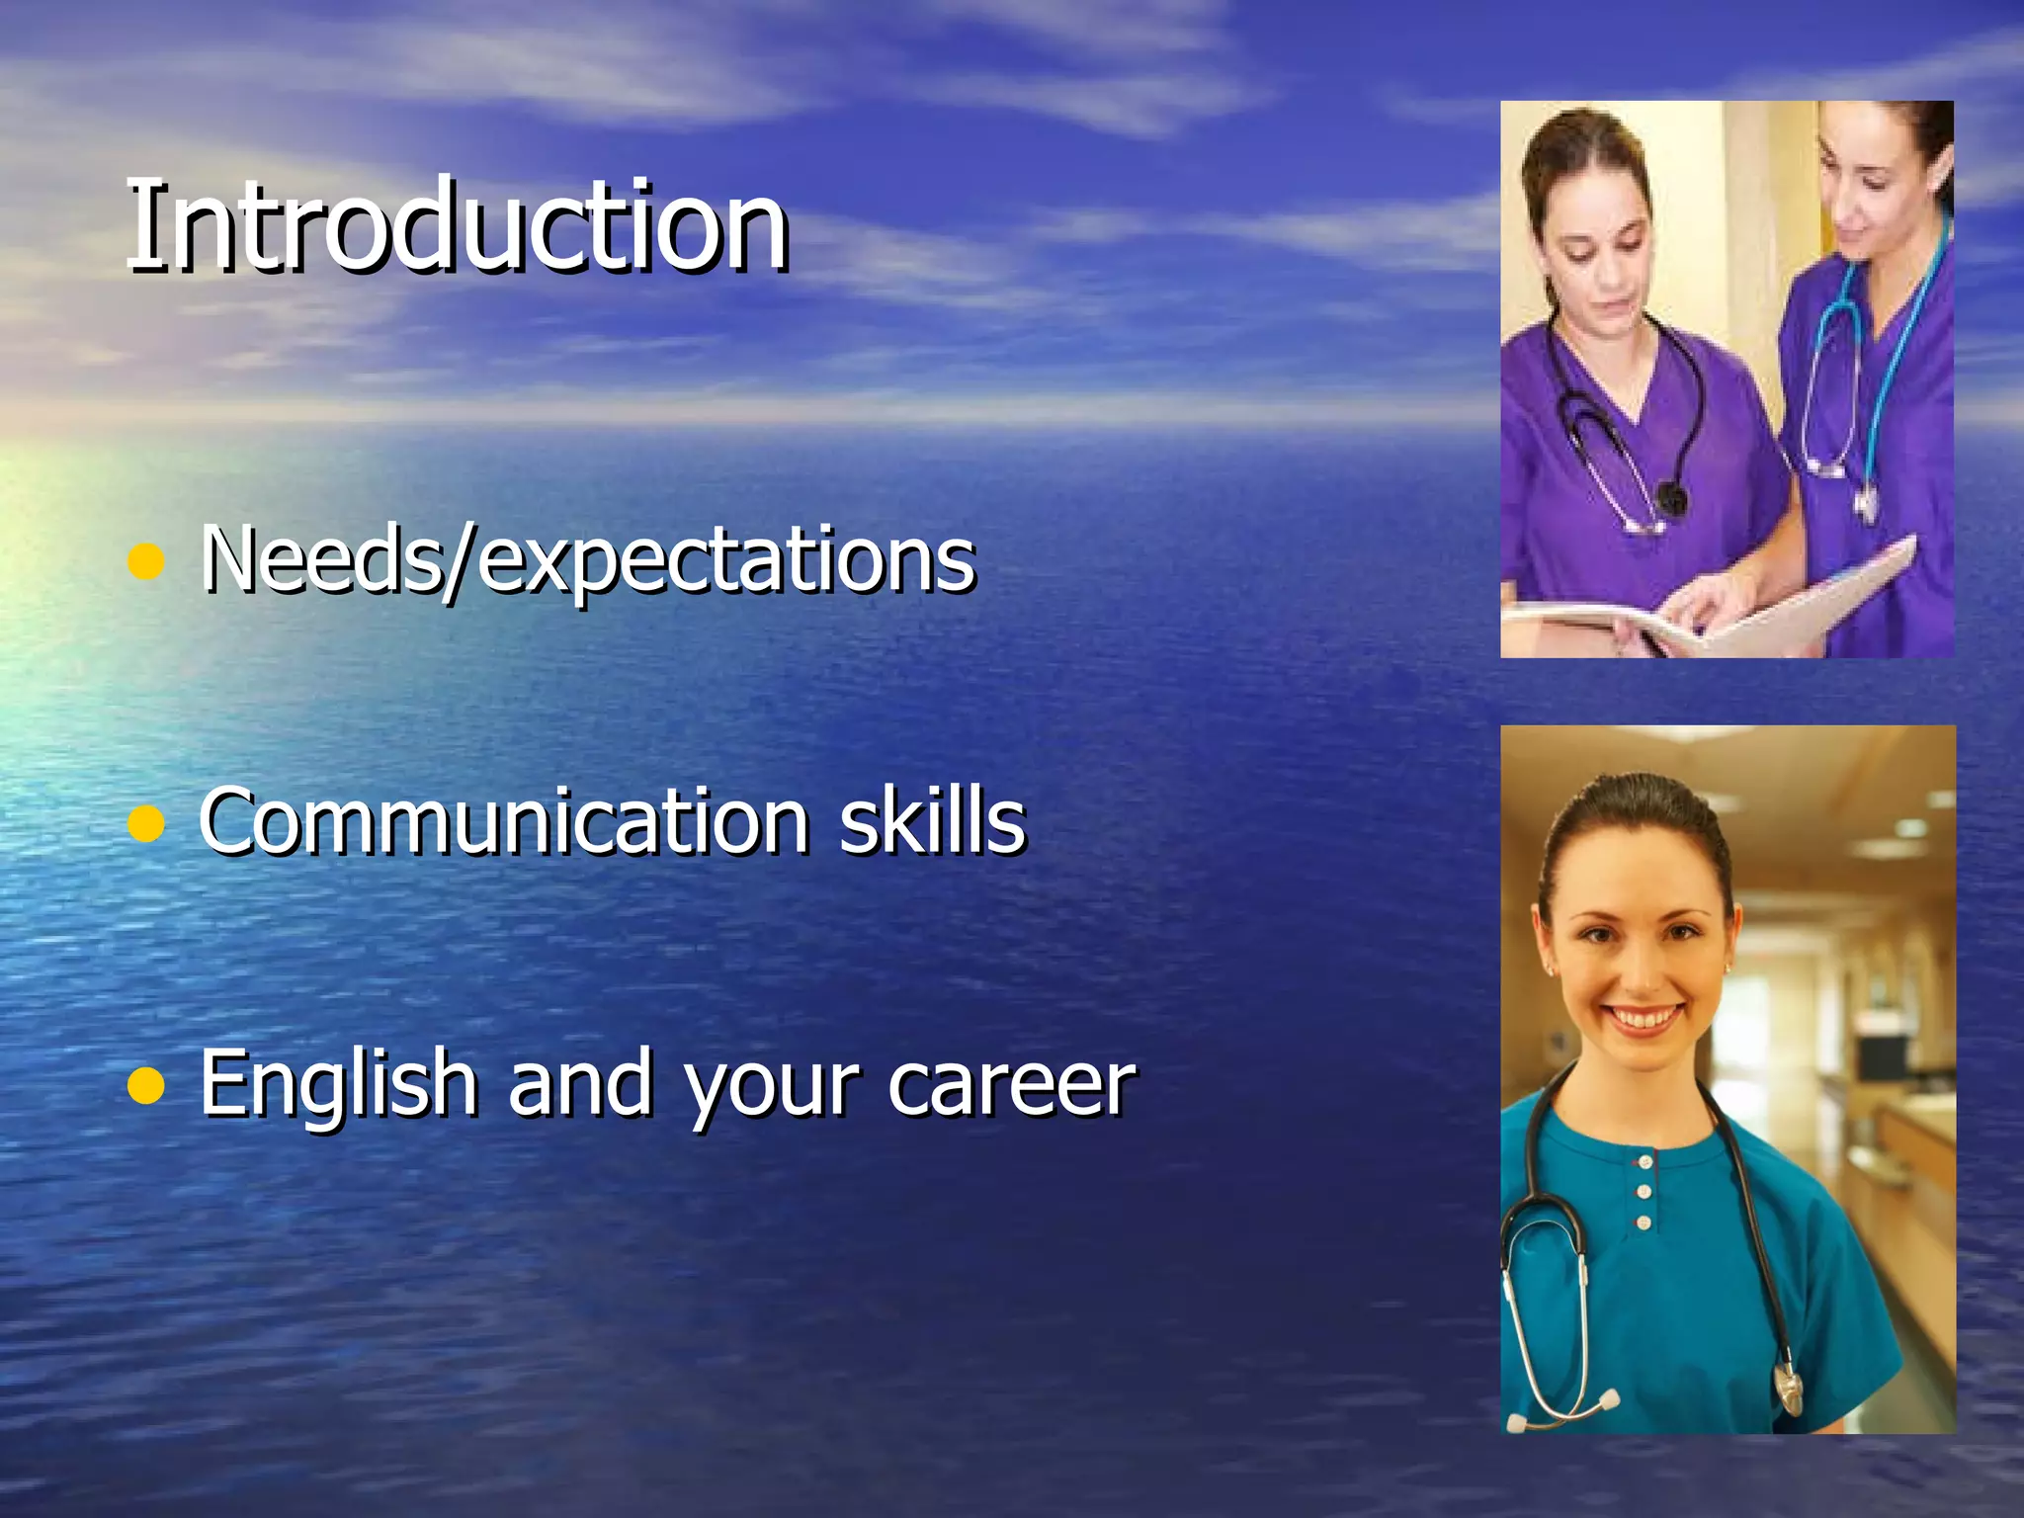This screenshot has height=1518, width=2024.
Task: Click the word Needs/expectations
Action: (x=587, y=559)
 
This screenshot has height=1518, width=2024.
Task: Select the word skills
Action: (x=932, y=820)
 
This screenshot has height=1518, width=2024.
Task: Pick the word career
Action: (x=1011, y=1085)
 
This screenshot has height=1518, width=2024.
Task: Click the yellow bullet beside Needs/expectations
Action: (x=146, y=561)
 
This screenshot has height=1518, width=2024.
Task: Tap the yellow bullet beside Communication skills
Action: (x=146, y=823)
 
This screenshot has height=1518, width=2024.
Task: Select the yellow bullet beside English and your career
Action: (x=146, y=1085)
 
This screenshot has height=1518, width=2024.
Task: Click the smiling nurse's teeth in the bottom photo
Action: (x=1642, y=1018)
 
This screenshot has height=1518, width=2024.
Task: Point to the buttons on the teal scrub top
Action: (x=1644, y=1192)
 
